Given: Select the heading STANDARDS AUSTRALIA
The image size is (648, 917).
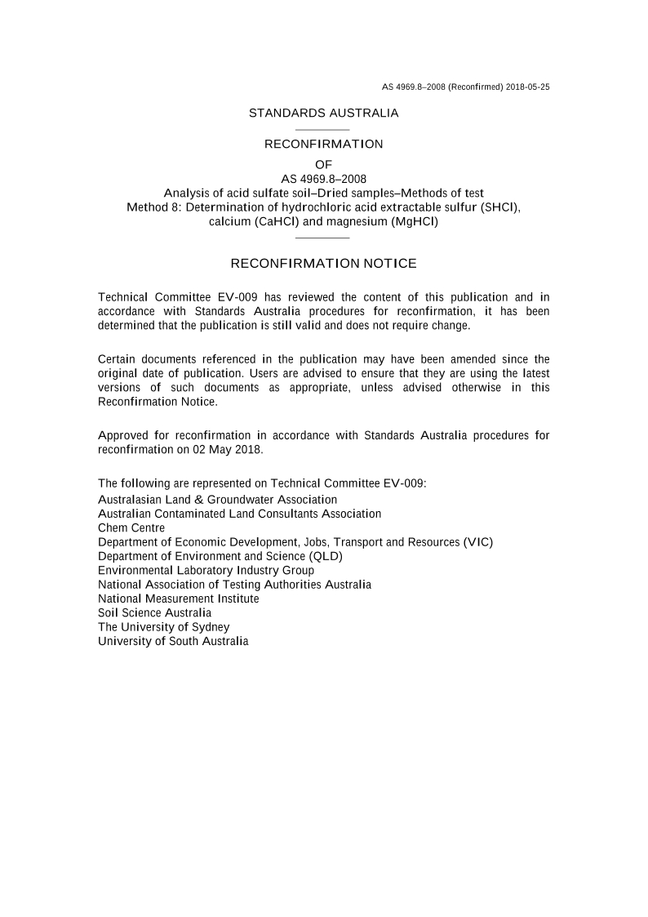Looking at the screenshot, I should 323,114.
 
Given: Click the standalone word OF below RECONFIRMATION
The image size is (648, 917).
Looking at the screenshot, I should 323,164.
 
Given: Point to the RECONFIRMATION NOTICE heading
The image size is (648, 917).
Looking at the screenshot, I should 323,264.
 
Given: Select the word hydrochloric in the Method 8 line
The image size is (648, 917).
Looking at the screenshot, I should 314,207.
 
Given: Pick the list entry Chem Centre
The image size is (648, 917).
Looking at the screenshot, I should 131,528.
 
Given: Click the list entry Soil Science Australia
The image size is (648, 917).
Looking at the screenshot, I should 154,612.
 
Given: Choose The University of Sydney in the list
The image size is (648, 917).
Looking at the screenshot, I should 163,627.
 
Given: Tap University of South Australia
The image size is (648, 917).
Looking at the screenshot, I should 173,641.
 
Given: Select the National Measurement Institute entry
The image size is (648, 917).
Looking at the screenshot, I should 178,599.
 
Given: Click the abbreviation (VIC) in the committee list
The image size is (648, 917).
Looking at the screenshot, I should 477,542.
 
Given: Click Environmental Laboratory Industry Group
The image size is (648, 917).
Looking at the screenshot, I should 206,570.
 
